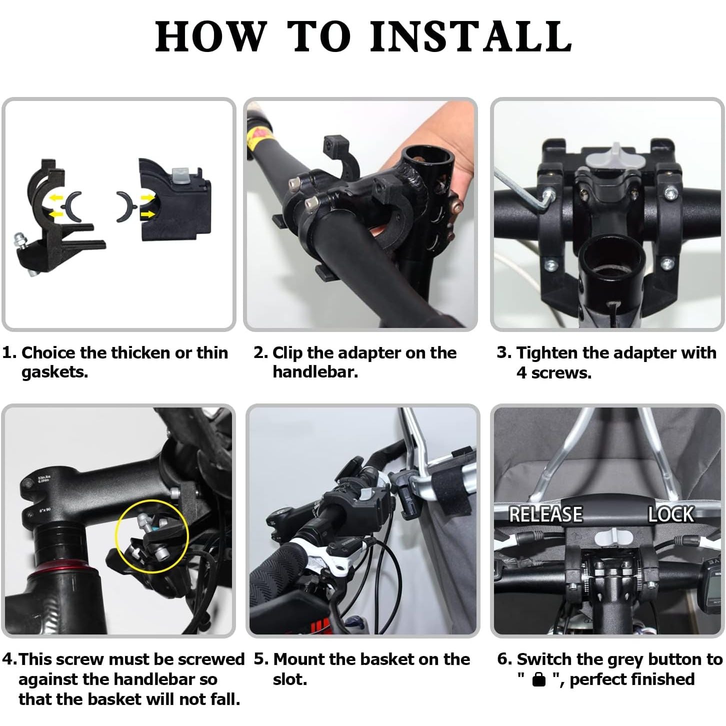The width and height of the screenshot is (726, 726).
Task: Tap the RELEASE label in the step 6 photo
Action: point(545,514)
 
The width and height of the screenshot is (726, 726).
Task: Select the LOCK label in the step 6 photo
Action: point(671,514)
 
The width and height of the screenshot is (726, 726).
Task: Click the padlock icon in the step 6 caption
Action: point(539,679)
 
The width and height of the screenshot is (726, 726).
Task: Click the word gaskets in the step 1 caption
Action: point(54,372)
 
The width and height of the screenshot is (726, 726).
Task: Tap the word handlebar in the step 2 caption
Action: point(315,371)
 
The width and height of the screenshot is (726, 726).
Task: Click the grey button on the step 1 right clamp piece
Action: point(181,174)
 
